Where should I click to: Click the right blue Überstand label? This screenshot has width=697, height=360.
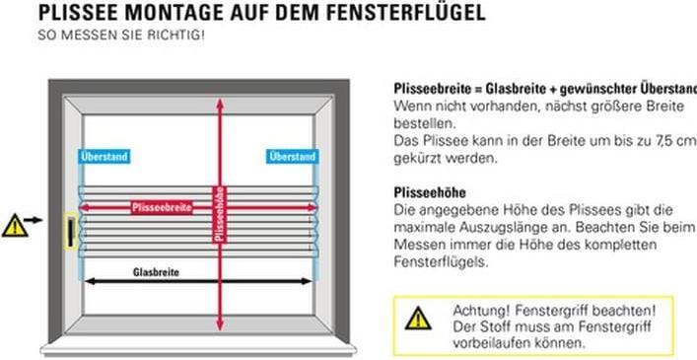coord(293,157)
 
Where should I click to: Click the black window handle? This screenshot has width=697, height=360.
coord(72,232)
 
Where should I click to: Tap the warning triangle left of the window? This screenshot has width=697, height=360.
coord(14,225)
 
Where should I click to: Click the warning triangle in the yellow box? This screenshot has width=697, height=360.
coord(418,319)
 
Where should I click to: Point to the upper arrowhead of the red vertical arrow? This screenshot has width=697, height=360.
coord(219,105)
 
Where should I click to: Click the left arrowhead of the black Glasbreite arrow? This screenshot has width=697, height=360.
coord(89,281)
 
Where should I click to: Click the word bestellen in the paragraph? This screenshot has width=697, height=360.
coord(424,125)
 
